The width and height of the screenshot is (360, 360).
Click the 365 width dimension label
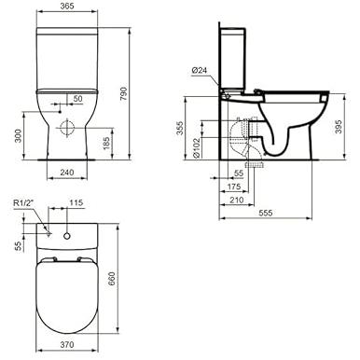[67, 6]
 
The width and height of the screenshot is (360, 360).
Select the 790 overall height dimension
[123, 94]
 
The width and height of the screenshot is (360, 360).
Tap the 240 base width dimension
[66, 173]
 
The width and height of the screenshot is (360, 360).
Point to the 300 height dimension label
[19, 136]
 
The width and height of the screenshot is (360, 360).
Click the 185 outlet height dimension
[106, 143]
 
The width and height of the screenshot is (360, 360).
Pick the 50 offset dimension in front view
[77, 99]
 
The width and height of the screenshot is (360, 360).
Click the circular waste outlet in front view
[67, 128]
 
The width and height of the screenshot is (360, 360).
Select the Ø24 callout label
[199, 70]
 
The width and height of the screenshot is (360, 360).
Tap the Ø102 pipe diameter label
[196, 148]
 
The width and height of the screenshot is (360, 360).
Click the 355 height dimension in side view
[180, 128]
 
